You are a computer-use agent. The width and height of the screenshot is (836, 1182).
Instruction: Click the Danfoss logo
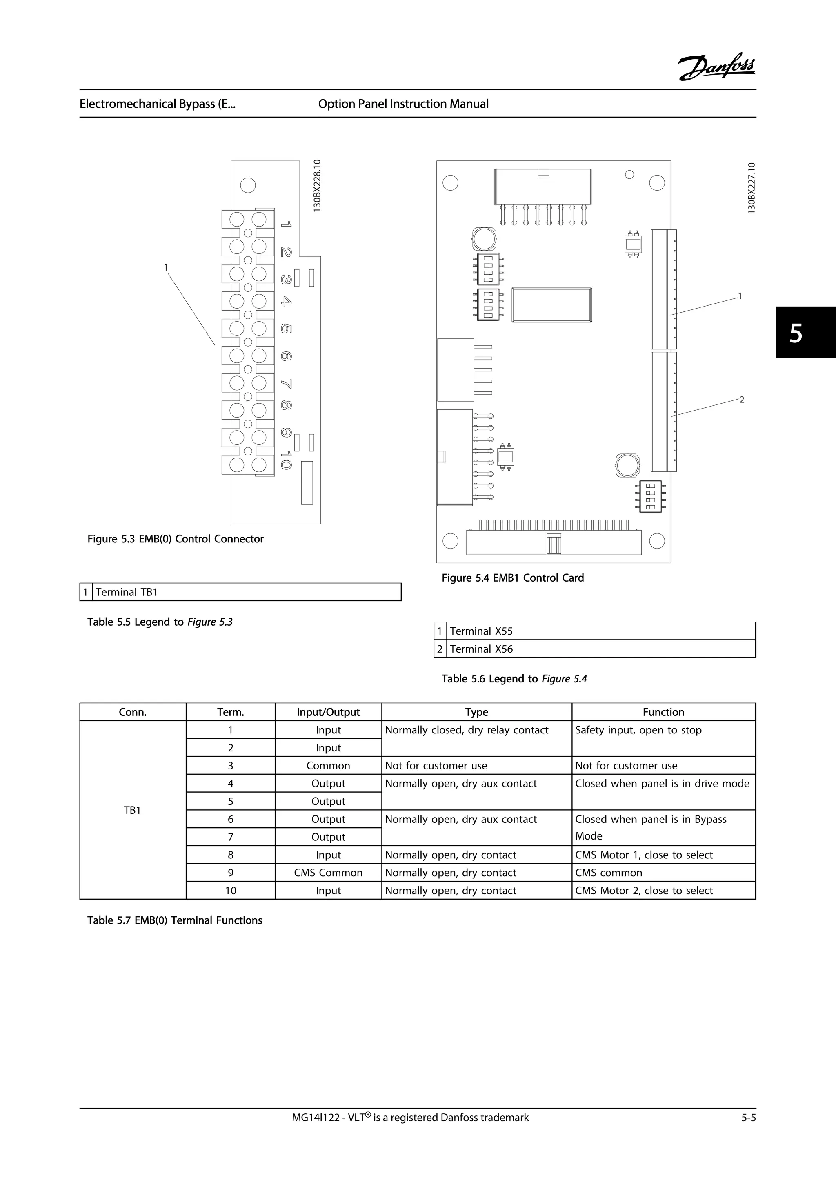[716, 67]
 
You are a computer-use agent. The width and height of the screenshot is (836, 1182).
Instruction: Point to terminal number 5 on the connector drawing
[286, 329]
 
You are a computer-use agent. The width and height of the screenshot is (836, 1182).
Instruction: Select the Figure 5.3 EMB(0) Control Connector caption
[175, 539]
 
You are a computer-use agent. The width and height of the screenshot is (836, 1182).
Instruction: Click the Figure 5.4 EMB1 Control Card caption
[512, 578]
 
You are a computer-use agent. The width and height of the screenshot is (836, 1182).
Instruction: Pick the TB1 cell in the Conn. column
[132, 810]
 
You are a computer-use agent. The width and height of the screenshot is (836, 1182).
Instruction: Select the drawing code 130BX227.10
[752, 188]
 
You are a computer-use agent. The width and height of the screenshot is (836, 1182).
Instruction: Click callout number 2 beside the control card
[741, 400]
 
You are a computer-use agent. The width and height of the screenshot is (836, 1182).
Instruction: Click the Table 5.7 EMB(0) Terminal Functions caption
[175, 920]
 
